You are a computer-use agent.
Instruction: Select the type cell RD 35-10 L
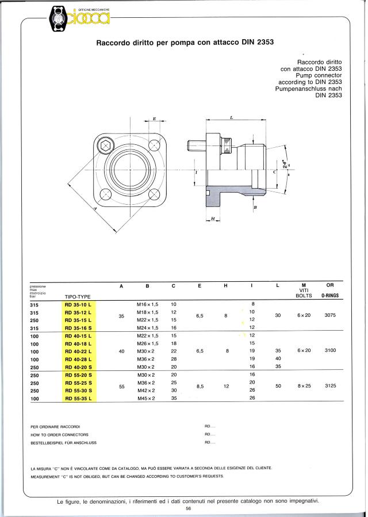tap(78, 304)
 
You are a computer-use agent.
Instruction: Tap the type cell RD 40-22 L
tap(78, 351)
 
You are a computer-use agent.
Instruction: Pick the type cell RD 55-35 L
tap(78, 398)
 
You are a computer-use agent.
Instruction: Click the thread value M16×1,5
tap(147, 304)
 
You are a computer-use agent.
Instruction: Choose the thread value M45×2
tap(147, 398)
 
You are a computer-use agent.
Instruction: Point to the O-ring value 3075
tap(330, 315)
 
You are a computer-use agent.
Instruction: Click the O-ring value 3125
tap(330, 386)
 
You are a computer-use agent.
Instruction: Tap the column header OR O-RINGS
tap(330, 290)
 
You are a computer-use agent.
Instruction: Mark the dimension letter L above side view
tap(231, 117)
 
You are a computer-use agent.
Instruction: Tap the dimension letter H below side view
tap(213, 219)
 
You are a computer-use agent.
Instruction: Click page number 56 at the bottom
tap(188, 509)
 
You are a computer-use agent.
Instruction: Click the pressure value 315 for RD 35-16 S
tap(34, 327)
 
